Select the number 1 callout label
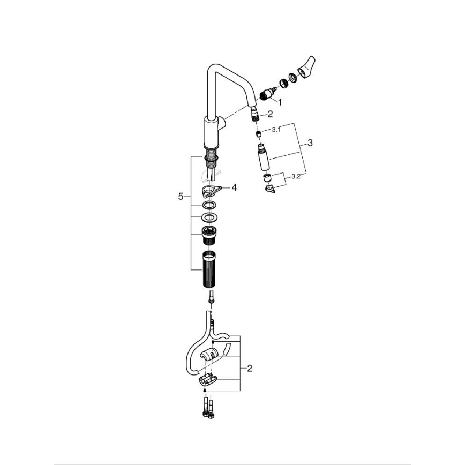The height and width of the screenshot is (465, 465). [279, 101]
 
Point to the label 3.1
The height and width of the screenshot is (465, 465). [276, 130]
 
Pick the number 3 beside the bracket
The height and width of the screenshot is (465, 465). [310, 144]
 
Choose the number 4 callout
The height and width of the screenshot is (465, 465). [234, 187]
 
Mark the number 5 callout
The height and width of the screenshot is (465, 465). [181, 197]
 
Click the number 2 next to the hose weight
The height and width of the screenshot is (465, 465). [250, 369]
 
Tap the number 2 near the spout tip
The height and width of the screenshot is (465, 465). [270, 114]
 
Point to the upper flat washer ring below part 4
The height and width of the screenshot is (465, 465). [209, 206]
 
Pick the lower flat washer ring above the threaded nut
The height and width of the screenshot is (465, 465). [209, 217]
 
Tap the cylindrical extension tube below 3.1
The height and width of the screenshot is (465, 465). [262, 158]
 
